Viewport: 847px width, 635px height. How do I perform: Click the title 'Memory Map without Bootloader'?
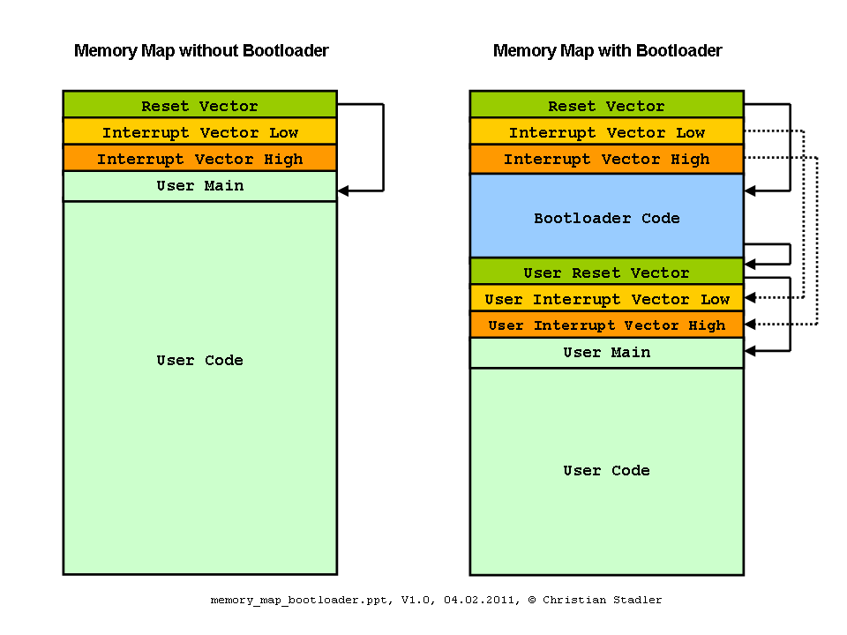click(x=201, y=51)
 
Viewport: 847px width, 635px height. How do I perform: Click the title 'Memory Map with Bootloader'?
click(x=607, y=51)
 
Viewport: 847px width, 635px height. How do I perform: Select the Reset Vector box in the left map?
click(x=200, y=104)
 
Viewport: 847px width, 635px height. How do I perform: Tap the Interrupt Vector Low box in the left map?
click(x=200, y=131)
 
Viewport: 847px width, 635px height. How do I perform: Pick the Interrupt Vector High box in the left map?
click(x=200, y=158)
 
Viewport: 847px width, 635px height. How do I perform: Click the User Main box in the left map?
click(x=200, y=186)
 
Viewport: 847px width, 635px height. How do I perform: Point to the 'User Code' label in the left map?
click(x=200, y=360)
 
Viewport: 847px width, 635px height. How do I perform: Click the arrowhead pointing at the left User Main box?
click(x=343, y=190)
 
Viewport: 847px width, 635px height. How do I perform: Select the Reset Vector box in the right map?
click(x=607, y=104)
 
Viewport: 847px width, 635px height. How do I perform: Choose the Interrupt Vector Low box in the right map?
click(x=607, y=131)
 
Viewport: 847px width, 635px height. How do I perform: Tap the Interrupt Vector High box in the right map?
click(x=607, y=159)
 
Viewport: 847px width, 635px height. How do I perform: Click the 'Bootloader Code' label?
click(x=607, y=218)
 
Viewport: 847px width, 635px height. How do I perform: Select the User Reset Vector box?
click(x=607, y=272)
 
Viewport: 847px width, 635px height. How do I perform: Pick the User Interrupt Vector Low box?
click(x=607, y=298)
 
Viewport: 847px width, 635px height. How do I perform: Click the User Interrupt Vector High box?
click(x=607, y=325)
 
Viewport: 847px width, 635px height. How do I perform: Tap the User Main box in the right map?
click(x=607, y=353)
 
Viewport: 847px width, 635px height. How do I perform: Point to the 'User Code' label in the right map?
click(x=607, y=470)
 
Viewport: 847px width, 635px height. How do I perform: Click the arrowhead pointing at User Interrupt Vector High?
click(x=750, y=324)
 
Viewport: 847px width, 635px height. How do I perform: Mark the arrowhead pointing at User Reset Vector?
click(x=750, y=264)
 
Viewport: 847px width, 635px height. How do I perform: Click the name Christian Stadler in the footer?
click(x=602, y=600)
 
